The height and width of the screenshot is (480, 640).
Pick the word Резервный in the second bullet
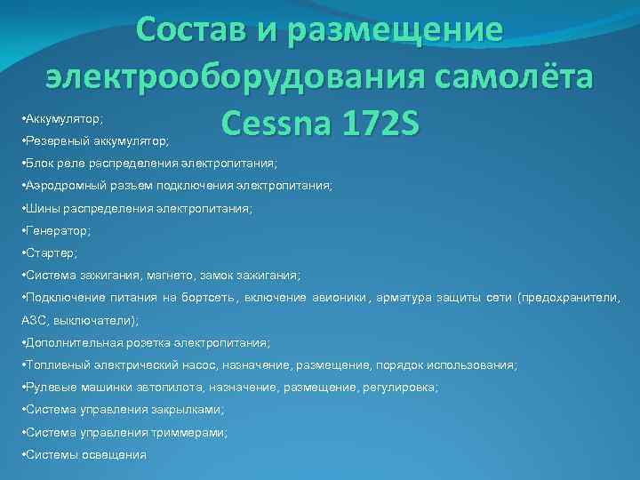click(x=52, y=140)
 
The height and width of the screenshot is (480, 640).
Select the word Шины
click(x=41, y=209)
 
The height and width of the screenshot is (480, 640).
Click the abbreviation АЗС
click(x=33, y=320)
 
